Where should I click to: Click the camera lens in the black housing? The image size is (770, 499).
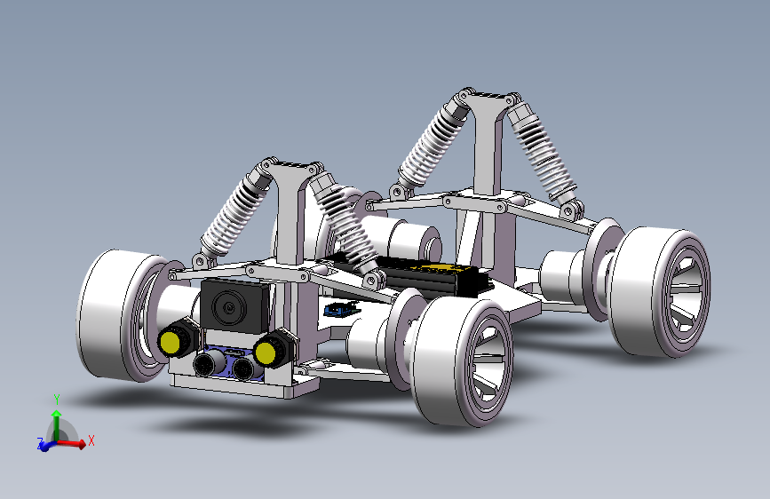point(228,307)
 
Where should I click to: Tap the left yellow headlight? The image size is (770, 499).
point(170,342)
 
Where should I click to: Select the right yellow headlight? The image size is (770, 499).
point(266,352)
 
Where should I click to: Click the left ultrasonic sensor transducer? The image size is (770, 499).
point(203,364)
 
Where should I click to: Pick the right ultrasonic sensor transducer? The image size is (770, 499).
point(242,369)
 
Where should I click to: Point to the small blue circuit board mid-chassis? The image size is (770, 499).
point(340,309)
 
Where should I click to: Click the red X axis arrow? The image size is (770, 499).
point(71,443)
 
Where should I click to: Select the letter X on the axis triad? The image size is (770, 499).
point(91,440)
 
